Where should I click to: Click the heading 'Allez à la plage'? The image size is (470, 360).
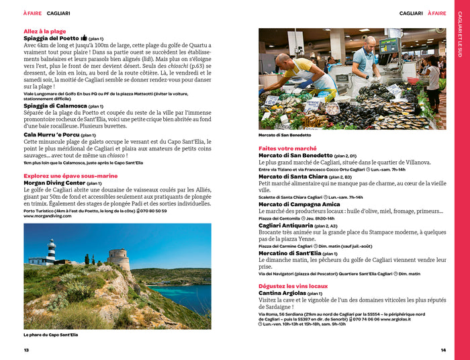click(44, 31)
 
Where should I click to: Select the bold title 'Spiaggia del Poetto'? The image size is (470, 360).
click(50, 39)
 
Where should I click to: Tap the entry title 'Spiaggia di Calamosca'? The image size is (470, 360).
click(53, 105)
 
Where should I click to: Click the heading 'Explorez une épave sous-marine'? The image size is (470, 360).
click(70, 176)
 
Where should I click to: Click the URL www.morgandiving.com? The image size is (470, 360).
click(48, 216)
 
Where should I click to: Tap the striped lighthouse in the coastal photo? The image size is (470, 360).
click(52, 250)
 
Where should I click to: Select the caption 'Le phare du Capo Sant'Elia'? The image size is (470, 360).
click(50, 334)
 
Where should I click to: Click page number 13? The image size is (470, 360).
click(26, 350)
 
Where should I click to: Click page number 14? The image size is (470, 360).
click(443, 350)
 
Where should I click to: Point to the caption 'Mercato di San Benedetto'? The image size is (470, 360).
click(285, 135)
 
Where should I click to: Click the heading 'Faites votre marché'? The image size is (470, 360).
click(287, 148)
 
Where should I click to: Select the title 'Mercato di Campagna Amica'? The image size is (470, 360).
click(299, 204)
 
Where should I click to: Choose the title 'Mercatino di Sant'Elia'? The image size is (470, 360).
click(289, 253)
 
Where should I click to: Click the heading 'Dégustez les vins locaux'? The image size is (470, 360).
click(293, 286)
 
